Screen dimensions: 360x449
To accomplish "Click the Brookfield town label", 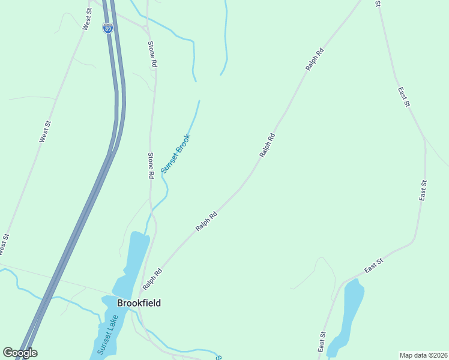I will pyautogui.click(x=138, y=303).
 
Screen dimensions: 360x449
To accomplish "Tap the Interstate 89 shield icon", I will pyautogui.click(x=107, y=28).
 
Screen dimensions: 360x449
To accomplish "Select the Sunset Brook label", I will pyautogui.click(x=175, y=154).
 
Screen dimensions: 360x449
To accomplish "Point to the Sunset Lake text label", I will pyautogui.click(x=106, y=335).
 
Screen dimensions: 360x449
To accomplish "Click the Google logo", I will pyautogui.click(x=20, y=353).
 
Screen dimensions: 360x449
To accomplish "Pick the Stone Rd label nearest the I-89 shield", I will pyautogui.click(x=152, y=54).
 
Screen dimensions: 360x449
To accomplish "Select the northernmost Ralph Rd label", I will pyautogui.click(x=315, y=59).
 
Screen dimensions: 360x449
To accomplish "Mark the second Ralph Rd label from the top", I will pyautogui.click(x=268, y=145).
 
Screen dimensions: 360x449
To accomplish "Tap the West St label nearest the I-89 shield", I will pyautogui.click(x=87, y=19).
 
